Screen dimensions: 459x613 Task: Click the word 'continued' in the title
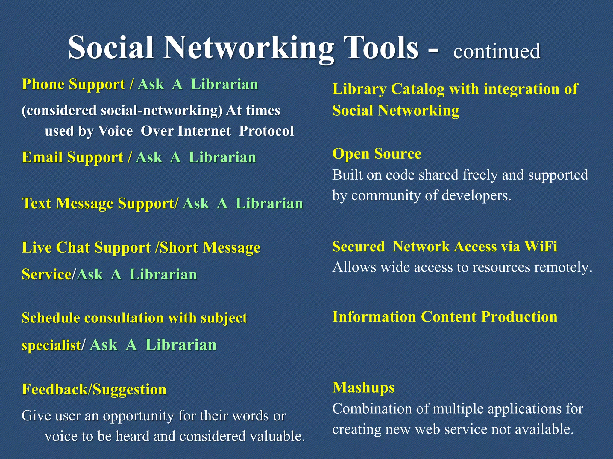497,51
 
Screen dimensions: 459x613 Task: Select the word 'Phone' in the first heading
43,84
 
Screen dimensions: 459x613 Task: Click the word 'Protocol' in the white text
266,131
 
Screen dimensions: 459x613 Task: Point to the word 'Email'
43,157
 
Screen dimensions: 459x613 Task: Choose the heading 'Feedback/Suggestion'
94,390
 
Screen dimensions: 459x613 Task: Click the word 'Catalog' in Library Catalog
418,89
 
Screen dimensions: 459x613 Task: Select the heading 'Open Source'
377,154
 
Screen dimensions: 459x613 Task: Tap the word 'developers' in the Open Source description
476,195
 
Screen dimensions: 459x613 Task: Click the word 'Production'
519,317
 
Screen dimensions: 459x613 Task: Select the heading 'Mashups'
363,388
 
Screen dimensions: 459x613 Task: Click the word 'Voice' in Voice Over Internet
115,131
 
